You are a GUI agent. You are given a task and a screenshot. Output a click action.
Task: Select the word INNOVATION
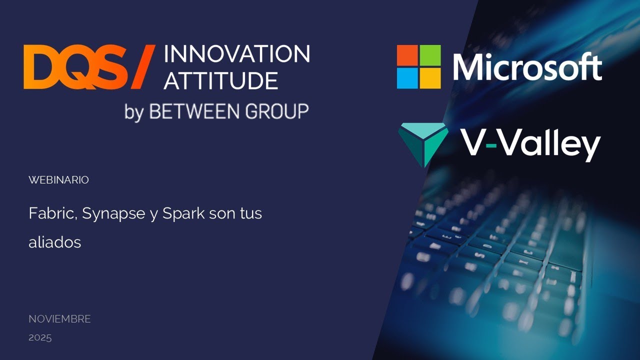pyautogui.click(x=236, y=54)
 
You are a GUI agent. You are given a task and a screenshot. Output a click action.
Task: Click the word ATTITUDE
pyautogui.click(x=220, y=80)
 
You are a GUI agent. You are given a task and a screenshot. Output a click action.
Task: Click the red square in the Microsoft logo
pyautogui.click(x=407, y=55)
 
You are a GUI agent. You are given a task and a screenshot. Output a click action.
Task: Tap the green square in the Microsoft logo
pyautogui.click(x=430, y=55)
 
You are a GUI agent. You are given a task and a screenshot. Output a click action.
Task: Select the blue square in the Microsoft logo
pyautogui.click(x=407, y=78)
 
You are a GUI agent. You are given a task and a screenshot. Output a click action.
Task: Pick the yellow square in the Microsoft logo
pyautogui.click(x=430, y=78)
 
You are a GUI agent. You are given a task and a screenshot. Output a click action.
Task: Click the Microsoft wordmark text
pyautogui.click(x=527, y=67)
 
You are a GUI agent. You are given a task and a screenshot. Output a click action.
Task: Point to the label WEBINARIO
pyautogui.click(x=58, y=180)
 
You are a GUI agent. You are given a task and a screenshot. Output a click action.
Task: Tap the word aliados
pyautogui.click(x=55, y=242)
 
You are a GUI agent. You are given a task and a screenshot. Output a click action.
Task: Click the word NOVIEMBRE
pyautogui.click(x=59, y=319)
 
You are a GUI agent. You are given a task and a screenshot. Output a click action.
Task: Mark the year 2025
pyautogui.click(x=40, y=337)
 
